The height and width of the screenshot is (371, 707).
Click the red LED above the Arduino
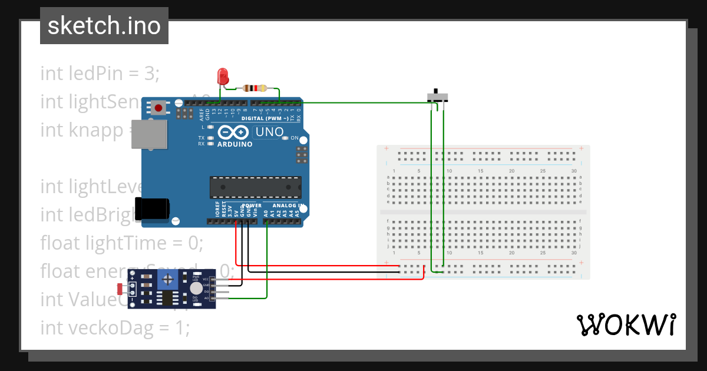point(223,76)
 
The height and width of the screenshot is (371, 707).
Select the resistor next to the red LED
point(255,89)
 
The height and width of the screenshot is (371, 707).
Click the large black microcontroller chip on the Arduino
point(256,187)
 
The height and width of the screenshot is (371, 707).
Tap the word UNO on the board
point(269,132)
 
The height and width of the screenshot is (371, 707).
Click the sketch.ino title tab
point(104,26)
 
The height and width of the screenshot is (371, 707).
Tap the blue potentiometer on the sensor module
point(169,279)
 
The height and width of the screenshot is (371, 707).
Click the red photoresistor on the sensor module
point(121,289)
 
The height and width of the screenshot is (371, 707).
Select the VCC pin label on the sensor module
point(206,279)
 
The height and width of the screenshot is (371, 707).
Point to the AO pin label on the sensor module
point(206,298)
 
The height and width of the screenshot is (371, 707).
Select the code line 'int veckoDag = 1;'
point(115,327)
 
